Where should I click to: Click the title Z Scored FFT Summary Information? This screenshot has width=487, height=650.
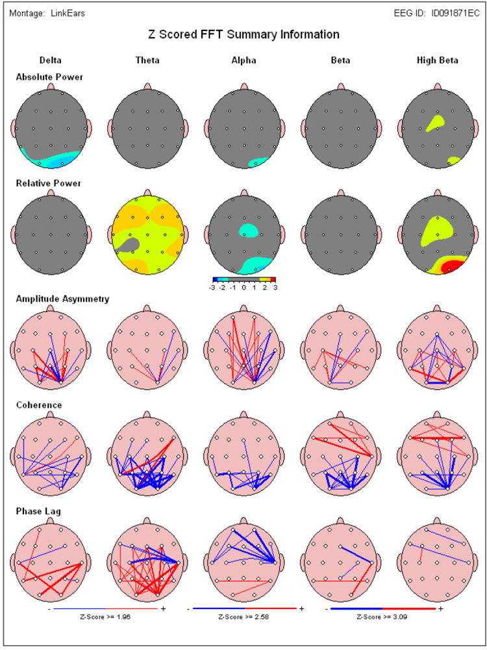click(243, 34)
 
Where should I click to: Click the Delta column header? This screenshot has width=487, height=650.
click(50, 60)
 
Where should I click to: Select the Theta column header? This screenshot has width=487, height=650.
click(147, 60)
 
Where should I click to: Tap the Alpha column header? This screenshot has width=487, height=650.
click(244, 60)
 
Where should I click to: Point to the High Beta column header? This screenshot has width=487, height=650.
click(437, 60)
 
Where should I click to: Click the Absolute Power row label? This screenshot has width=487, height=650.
click(49, 77)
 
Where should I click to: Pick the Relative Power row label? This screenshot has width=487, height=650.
click(49, 183)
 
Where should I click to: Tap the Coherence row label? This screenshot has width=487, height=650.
click(38, 405)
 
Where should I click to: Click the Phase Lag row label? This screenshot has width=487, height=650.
click(38, 512)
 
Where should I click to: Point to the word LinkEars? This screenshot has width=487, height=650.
click(67, 13)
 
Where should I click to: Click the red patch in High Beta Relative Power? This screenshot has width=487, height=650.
click(453, 266)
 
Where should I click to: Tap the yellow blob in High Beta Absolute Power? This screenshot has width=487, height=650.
click(431, 122)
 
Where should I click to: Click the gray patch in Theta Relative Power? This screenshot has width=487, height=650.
click(128, 244)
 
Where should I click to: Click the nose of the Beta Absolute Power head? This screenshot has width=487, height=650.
click(340, 86)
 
